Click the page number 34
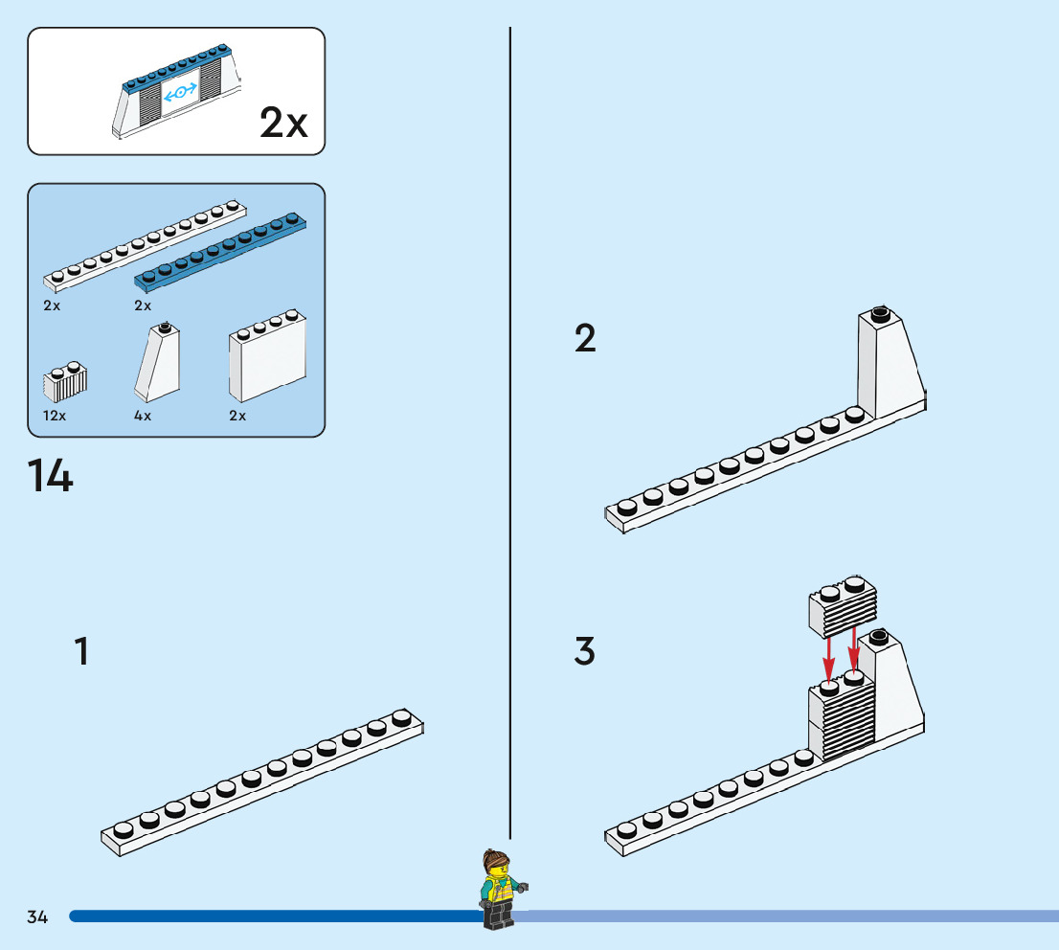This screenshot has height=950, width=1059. pos(37,917)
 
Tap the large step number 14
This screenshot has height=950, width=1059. pos(50,476)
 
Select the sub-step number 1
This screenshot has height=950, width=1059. pos(82,651)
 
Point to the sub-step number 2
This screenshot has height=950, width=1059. pos(585,338)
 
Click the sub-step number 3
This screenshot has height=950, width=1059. pos(585,651)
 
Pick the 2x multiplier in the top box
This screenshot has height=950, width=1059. pos(283,124)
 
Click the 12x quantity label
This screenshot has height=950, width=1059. pos(55,416)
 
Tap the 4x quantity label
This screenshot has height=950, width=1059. pos(143,416)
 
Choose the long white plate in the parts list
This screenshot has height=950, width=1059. pos(144,245)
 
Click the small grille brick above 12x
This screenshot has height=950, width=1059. pos(65,382)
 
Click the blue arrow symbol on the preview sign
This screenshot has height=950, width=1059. pos(180,93)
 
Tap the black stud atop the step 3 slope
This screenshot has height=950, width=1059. pos(878,634)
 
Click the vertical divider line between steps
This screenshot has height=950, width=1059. pos(509,431)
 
